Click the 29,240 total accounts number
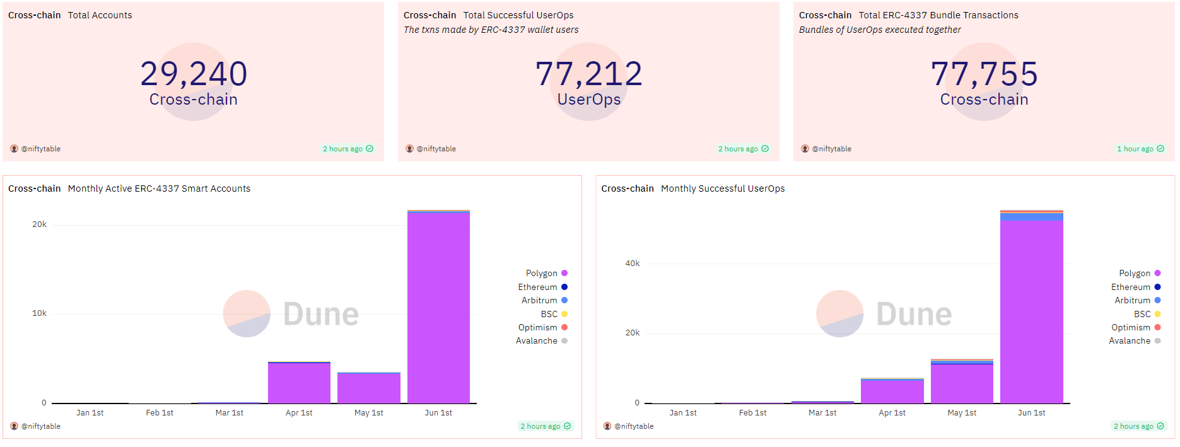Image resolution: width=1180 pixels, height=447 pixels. pos(194,74)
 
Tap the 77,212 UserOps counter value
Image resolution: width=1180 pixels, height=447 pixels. pos(588,74)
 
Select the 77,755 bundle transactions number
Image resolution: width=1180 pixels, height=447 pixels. pos(984,74)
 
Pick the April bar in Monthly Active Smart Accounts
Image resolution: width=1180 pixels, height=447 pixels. pos(299,383)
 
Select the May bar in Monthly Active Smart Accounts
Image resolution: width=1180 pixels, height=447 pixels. pos(368,388)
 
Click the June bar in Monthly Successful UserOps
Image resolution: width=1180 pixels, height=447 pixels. pos(1031,309)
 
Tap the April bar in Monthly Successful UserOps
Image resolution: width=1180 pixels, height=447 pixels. pos(892,391)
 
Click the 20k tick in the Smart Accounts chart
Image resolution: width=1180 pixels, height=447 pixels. pos(39,224)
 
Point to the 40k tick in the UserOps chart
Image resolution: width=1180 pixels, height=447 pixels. pos(632,264)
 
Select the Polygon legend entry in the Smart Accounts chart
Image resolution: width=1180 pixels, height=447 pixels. pos(546,273)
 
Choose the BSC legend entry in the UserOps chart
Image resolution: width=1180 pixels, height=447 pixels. pos(1147,314)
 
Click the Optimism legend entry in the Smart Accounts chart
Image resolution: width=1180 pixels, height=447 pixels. pos(542,327)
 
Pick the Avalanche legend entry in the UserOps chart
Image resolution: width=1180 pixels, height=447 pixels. pos(1134,340)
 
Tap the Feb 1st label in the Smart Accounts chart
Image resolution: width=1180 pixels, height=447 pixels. pos(160,413)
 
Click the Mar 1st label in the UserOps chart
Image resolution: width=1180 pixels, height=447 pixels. pos(822,413)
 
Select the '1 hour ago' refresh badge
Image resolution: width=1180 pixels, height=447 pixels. pos(1140,149)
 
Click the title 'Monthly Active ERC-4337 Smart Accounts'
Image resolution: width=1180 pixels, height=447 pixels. pos(159,189)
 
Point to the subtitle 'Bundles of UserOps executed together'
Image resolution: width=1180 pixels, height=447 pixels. pos(880,30)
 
